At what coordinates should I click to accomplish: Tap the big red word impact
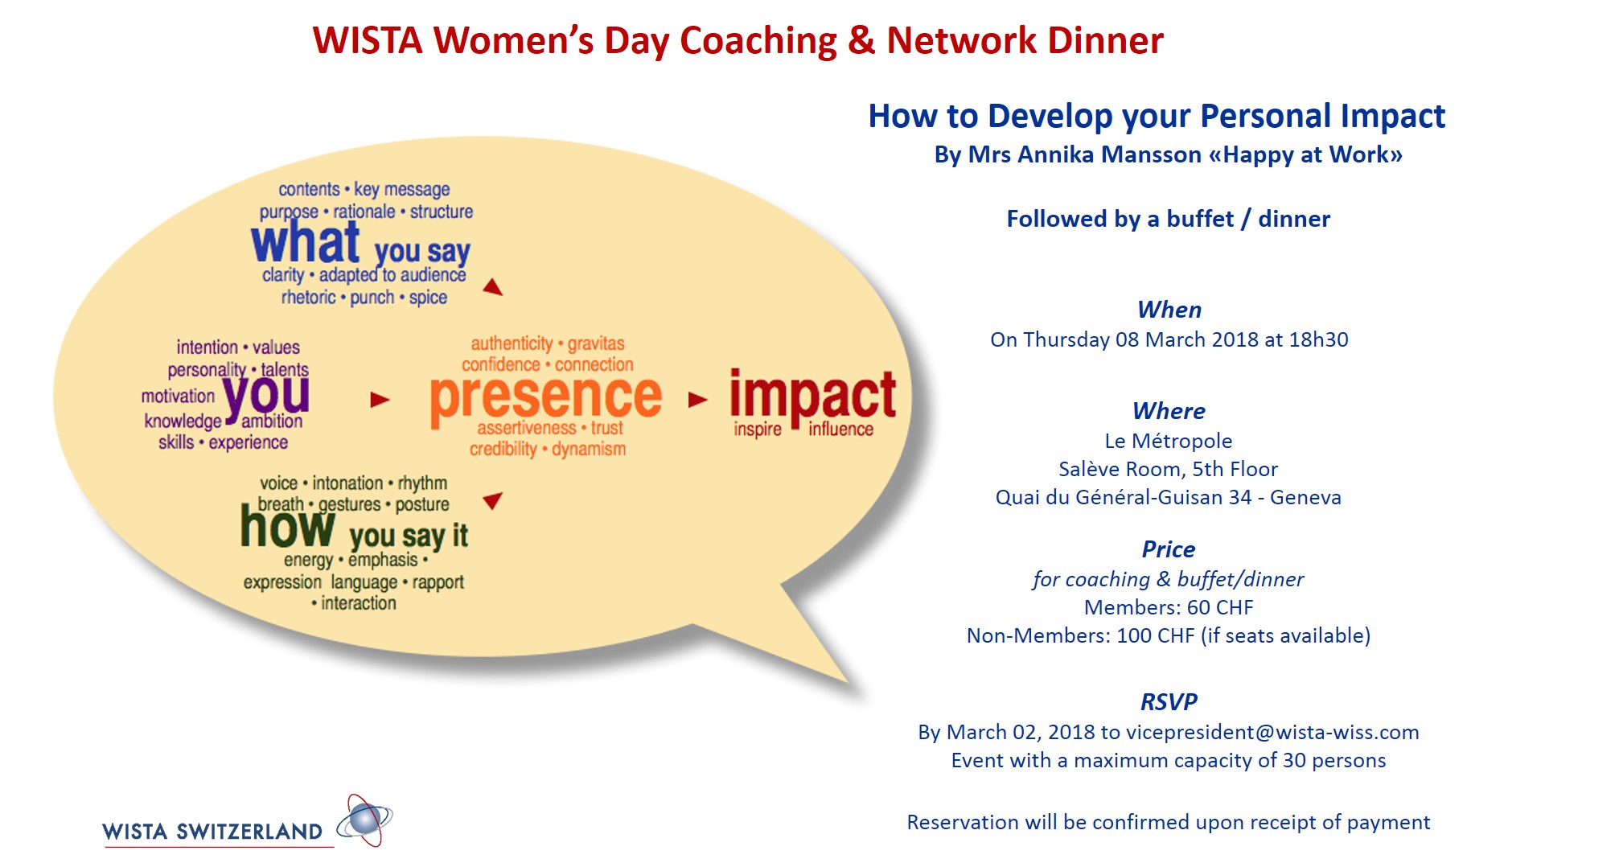812,398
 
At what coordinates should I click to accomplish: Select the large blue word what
305,242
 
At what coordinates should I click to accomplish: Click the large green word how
288,526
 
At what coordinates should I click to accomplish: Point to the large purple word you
266,395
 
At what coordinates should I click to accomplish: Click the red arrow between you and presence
380,400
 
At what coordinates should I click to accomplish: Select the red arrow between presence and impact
698,400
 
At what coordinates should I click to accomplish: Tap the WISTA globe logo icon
364,820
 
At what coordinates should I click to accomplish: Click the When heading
1169,310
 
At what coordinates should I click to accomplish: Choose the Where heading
1169,411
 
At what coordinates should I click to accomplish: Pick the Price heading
1168,549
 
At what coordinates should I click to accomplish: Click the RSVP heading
1169,702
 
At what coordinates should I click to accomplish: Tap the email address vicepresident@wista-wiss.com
1272,732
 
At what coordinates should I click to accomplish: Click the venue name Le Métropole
1168,441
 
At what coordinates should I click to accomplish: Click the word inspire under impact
758,429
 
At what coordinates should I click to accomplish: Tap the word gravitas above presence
596,344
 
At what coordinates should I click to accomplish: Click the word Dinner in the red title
1106,40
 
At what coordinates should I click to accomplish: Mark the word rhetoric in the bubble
309,297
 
